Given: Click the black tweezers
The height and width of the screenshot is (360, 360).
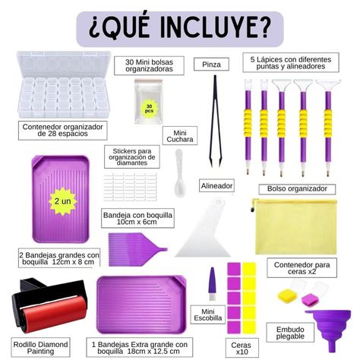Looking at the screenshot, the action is (x=215, y=122).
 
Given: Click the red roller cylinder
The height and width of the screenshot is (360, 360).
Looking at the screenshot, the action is (x=54, y=314).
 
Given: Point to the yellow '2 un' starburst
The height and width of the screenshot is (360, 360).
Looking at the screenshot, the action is (x=63, y=201).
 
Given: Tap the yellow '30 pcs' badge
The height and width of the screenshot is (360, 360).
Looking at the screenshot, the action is (x=149, y=109).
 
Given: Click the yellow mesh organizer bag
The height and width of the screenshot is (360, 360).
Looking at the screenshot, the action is (x=294, y=226).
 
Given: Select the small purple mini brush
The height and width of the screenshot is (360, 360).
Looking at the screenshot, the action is (x=212, y=284).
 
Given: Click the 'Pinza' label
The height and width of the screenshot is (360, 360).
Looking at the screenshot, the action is (x=211, y=65).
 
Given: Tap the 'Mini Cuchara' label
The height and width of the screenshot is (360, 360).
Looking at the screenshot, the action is (x=180, y=136).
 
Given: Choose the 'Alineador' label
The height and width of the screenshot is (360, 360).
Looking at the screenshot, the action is (x=216, y=186).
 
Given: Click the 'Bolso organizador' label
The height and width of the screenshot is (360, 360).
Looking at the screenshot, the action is (x=297, y=189).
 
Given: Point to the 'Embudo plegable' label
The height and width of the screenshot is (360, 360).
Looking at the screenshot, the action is (x=290, y=333).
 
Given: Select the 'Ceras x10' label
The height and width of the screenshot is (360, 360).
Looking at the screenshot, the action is (x=241, y=348).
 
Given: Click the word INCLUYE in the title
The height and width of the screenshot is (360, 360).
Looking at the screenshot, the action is (x=213, y=28).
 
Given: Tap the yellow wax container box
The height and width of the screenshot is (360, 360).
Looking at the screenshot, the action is (x=288, y=295).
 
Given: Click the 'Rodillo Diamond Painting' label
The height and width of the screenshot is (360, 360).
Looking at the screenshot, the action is (x=40, y=348).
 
